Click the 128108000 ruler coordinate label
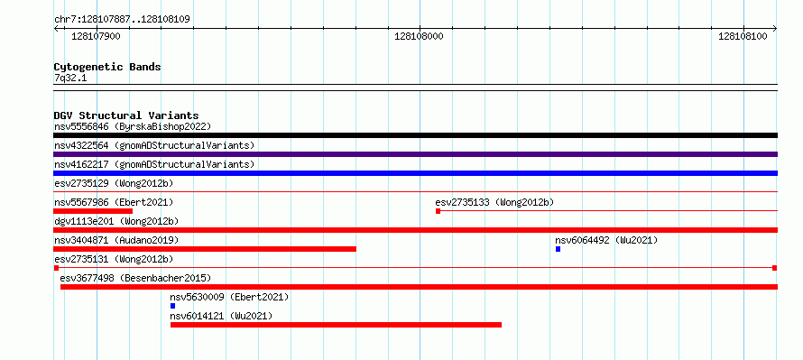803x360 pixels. [419, 36]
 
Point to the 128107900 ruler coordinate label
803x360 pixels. [97, 36]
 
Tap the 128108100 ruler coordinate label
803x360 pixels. [743, 36]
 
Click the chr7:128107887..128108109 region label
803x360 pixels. [123, 20]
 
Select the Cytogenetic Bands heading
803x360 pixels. [107, 67]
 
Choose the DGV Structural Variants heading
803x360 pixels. [126, 115]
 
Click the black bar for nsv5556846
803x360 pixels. [415, 135]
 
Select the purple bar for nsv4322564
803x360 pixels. [415, 154]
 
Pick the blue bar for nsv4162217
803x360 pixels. [415, 173]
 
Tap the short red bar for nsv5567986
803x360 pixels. [93, 211]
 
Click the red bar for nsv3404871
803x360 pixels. [205, 249]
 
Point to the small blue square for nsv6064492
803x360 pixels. [558, 249]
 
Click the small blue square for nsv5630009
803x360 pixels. [172, 306]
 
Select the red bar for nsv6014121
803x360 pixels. [336, 325]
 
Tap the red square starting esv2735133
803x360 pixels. [438, 211]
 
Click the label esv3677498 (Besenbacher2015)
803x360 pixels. [135, 278]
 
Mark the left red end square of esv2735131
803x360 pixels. [56, 268]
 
